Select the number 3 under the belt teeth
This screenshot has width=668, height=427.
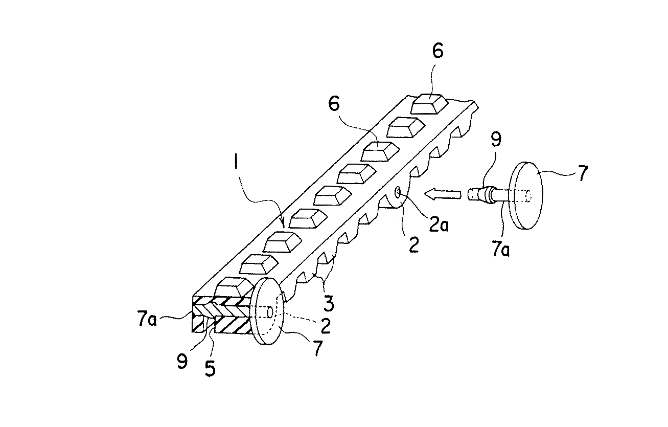click(329, 303)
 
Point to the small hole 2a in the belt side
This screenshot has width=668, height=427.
click(398, 192)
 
